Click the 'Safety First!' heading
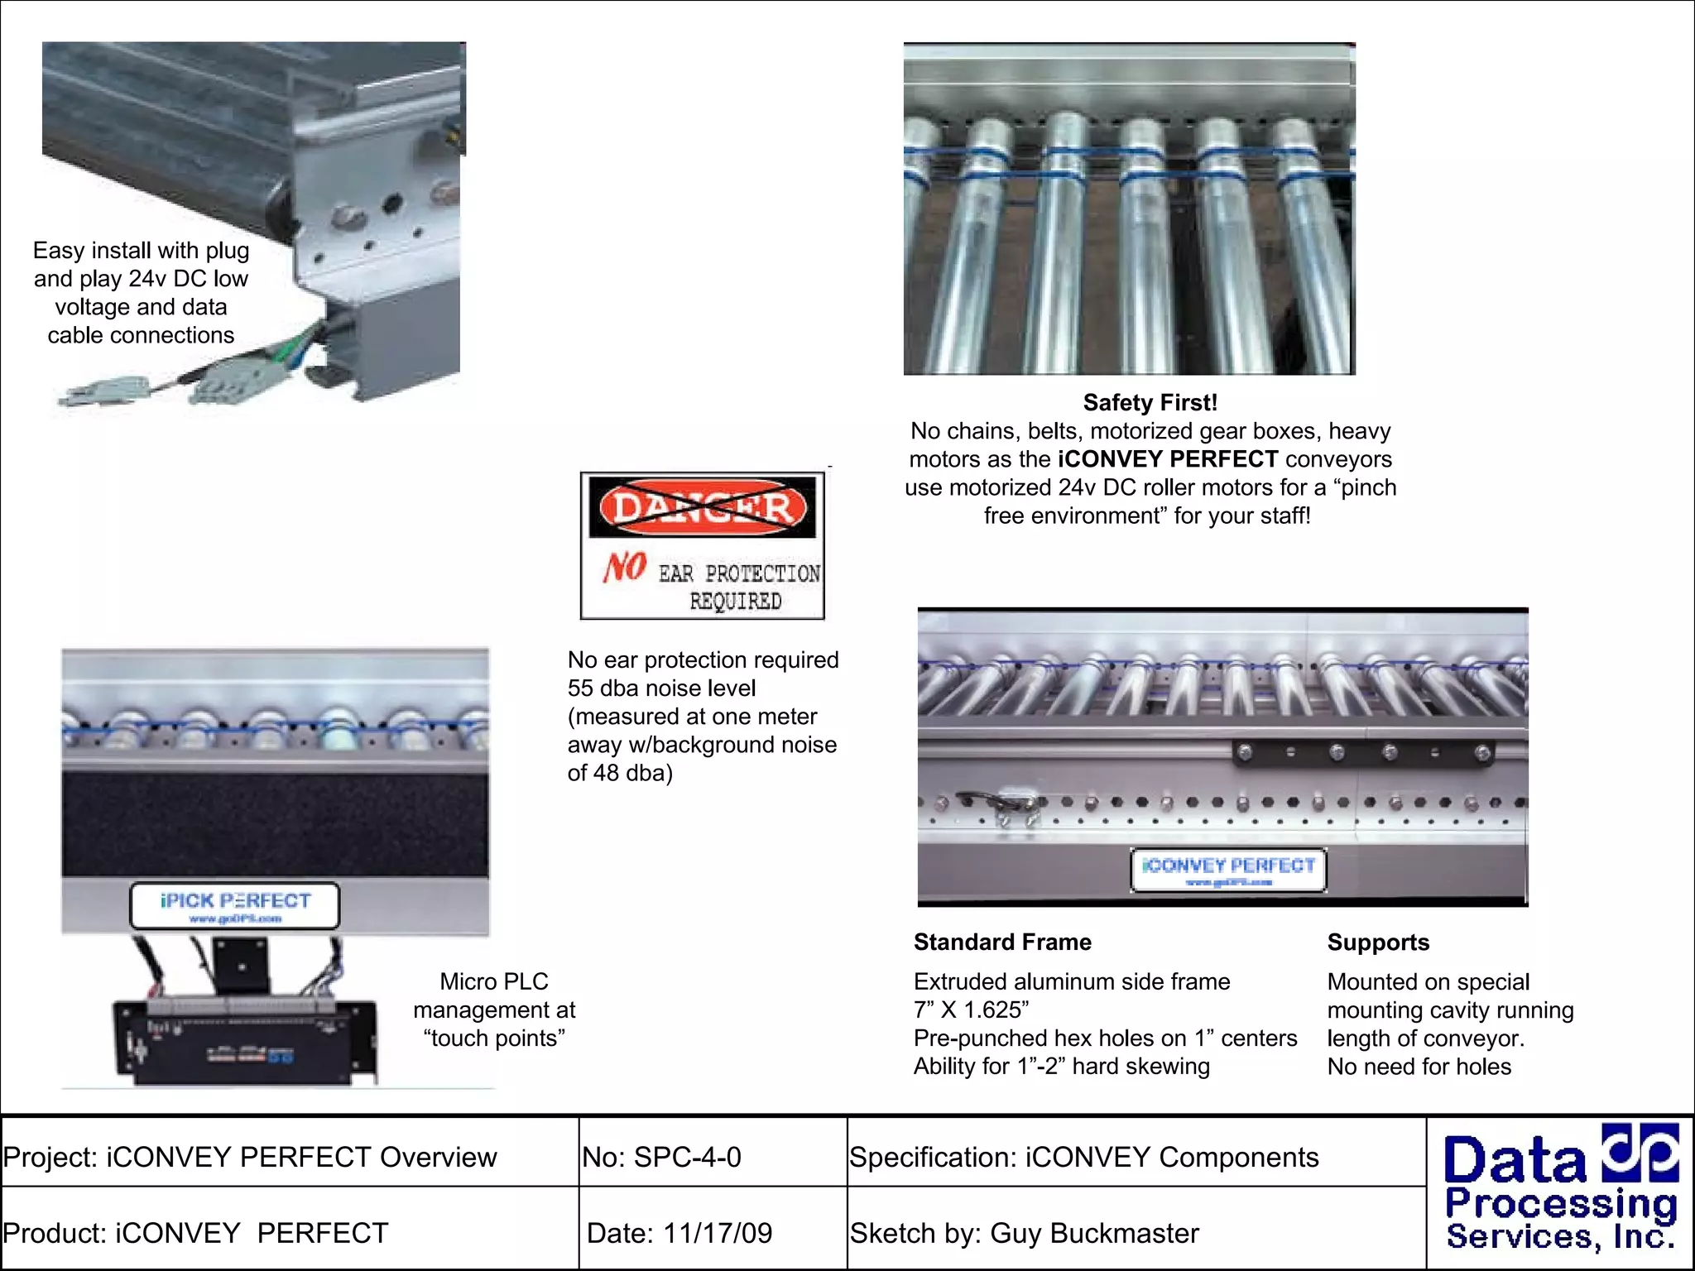tap(1150, 403)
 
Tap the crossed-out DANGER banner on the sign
tap(702, 507)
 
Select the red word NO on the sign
tap(625, 568)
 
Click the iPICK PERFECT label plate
tap(235, 906)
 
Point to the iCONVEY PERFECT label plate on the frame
tap(1228, 870)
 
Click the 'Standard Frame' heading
tap(1002, 942)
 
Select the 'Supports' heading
tap(1378, 942)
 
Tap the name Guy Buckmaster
tap(1094, 1233)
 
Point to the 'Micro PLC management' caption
tap(494, 1010)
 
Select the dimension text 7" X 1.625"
tap(971, 1010)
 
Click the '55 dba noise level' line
tap(661, 688)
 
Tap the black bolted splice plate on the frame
tap(1364, 752)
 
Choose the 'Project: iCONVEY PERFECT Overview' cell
tap(250, 1157)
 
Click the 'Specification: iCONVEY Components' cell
tap(1083, 1157)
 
